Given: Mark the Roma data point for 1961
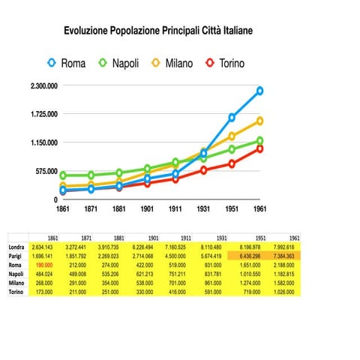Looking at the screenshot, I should [259, 91].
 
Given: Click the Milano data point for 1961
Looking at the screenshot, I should [259, 121].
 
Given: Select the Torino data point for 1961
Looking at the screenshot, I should [259, 148].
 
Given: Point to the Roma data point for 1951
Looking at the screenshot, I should [232, 118].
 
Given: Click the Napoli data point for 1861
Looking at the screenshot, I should [64, 175].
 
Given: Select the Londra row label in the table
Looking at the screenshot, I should [16, 246].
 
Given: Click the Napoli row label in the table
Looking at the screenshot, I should [16, 273].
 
